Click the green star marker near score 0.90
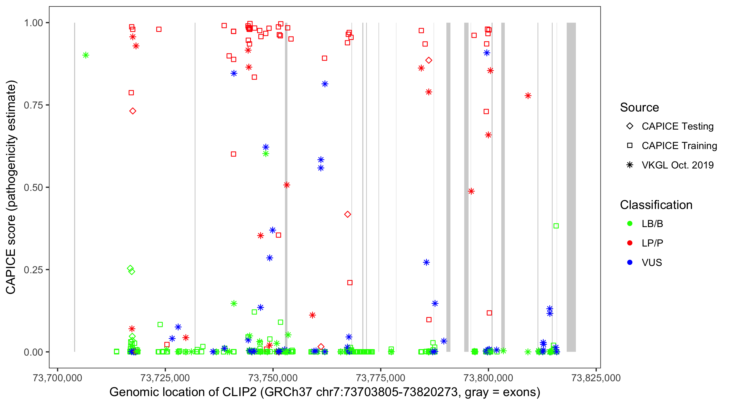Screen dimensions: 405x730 pyautogui.click(x=86, y=55)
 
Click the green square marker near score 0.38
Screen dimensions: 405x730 pyautogui.click(x=556, y=226)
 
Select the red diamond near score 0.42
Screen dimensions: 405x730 pyautogui.click(x=348, y=214)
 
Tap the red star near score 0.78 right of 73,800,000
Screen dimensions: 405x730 pyautogui.click(x=528, y=96)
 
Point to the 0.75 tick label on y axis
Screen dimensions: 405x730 pyautogui.click(x=33, y=105)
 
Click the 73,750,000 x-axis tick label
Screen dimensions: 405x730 pyautogui.click(x=273, y=378)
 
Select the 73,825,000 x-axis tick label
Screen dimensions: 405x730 pyautogui.click(x=596, y=378)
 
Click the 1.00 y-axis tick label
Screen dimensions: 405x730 pyautogui.click(x=33, y=23)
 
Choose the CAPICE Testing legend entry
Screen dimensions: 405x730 pyautogui.click(x=677, y=126)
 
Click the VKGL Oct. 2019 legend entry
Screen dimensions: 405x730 pyautogui.click(x=677, y=165)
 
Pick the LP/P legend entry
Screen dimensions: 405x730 pyautogui.click(x=652, y=243)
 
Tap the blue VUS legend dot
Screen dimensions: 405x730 pyautogui.click(x=630, y=262)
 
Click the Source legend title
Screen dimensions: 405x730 pyautogui.click(x=639, y=107)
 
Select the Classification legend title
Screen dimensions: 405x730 pyautogui.click(x=656, y=205)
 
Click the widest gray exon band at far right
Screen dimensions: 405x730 pyautogui.click(x=571, y=187)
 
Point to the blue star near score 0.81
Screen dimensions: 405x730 pyautogui.click(x=325, y=84)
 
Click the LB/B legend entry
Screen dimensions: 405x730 pyautogui.click(x=652, y=224)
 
